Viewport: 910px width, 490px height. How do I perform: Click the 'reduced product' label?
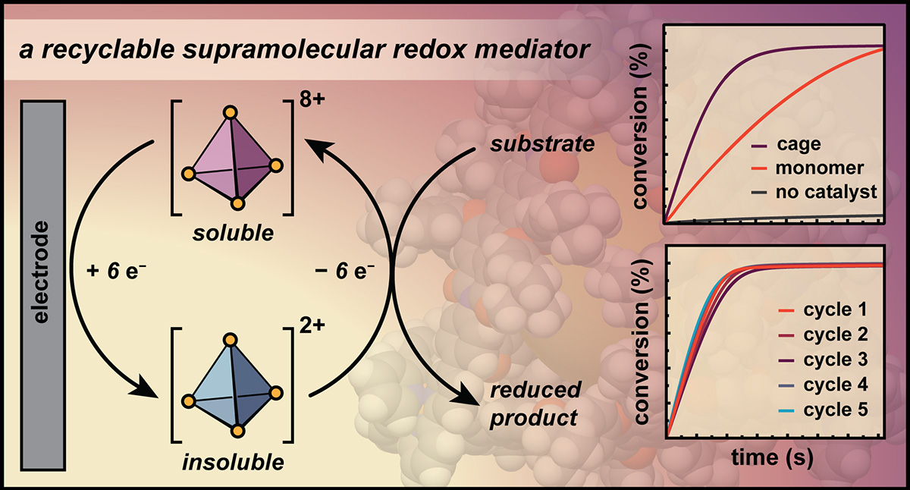point(535,404)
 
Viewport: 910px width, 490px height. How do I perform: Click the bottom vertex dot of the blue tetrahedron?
point(237,432)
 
